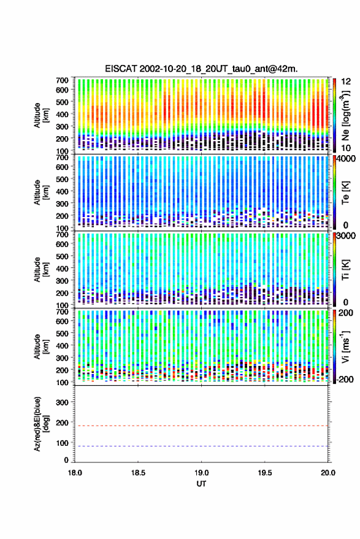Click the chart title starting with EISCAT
201,69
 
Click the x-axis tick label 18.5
138,473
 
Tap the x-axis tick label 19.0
201,473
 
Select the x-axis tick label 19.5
265,473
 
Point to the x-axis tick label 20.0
328,473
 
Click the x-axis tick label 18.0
75,473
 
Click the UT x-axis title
201,484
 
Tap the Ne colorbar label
345,115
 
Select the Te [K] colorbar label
345,193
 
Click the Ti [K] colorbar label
345,270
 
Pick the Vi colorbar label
345,346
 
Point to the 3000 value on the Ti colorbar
346,236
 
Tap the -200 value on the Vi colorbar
345,380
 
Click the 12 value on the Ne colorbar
347,82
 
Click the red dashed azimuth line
202,426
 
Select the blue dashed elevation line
202,446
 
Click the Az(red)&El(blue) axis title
40,424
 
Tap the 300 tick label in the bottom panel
62,402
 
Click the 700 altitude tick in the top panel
62,80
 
